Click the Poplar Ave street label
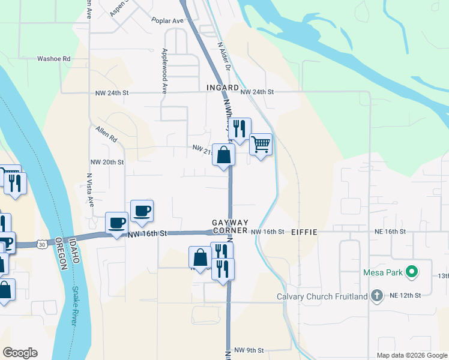[x=167, y=20]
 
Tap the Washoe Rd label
[x=54, y=59]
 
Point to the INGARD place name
[x=223, y=88]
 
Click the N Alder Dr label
[x=224, y=56]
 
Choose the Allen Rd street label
[x=106, y=133]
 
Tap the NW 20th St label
[x=107, y=162]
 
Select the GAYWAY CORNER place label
[x=230, y=227]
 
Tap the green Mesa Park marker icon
[x=411, y=273]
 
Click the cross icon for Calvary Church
[x=376, y=295]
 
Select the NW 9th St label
[x=249, y=350]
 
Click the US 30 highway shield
[x=41, y=244]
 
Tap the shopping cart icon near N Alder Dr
[x=261, y=144]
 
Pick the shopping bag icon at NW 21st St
[x=223, y=155]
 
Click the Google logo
[x=20, y=353]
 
